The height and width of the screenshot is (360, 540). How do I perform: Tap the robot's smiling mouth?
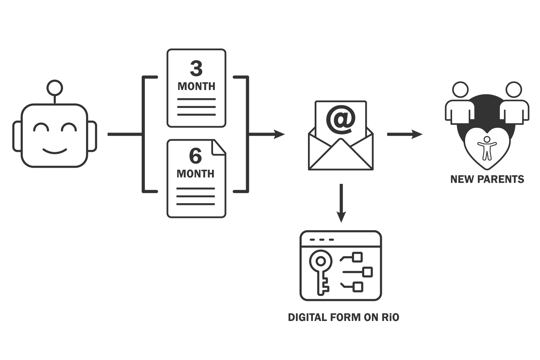[x=55, y=152]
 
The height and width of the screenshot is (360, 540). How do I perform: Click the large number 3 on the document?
[x=196, y=69]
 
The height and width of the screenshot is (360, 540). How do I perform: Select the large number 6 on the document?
[x=195, y=156]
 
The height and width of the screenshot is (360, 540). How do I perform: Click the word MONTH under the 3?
[x=196, y=86]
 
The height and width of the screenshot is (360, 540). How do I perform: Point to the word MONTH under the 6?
[x=195, y=174]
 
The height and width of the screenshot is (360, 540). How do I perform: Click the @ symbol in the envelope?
[x=341, y=120]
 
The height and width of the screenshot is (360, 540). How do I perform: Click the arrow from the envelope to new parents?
[x=404, y=134]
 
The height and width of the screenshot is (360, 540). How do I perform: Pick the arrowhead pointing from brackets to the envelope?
[x=279, y=134]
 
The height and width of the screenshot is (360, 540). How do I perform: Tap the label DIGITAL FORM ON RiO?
[x=343, y=317]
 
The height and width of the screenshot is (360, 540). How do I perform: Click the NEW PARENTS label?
[x=487, y=179]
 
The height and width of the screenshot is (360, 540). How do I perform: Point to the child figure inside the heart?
[x=487, y=148]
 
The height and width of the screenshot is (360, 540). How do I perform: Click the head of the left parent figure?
[x=460, y=90]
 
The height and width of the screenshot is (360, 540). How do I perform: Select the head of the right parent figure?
[x=513, y=90]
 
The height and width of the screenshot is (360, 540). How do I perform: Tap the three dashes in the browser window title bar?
[x=322, y=240]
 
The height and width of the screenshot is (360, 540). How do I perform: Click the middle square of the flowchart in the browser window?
[x=367, y=272]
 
